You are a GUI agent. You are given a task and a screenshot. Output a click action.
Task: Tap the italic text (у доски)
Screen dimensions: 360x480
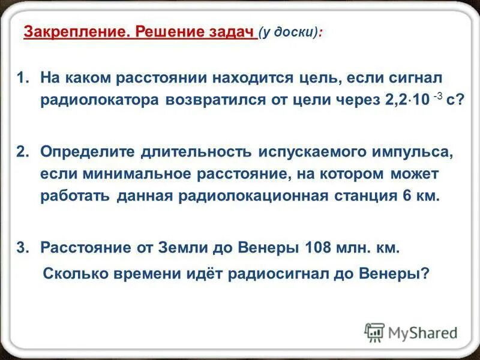pos(288,32)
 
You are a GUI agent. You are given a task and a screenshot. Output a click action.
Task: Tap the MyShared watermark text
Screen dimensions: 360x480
pos(422,332)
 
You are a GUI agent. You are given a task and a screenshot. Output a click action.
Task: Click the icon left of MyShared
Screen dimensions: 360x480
pos(374,332)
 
